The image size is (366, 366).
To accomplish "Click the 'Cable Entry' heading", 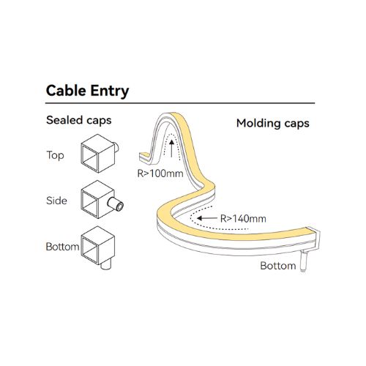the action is click(x=87, y=91).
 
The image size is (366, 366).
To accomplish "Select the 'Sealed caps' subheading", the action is click(x=79, y=120).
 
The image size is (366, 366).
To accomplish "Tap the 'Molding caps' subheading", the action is click(x=273, y=123).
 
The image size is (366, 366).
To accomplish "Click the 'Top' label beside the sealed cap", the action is click(x=56, y=155).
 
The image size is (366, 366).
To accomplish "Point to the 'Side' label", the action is click(x=56, y=201).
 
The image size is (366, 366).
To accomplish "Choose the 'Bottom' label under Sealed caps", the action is click(x=62, y=247).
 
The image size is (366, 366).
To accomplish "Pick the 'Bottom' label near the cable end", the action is click(x=278, y=266).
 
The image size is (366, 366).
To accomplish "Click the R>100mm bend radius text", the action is click(x=160, y=173).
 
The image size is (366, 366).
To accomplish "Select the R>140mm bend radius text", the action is click(x=243, y=219).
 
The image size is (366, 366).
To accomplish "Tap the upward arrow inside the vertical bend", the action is click(x=172, y=148).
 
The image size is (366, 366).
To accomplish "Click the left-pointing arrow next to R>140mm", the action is click(x=207, y=218).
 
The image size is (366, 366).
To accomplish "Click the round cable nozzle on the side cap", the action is click(x=116, y=204).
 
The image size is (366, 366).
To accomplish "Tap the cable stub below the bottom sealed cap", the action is click(x=106, y=265).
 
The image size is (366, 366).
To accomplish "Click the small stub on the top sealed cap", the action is click(x=116, y=147).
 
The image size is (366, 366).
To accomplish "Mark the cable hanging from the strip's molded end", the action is click(x=303, y=262).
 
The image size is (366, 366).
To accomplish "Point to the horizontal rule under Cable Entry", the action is click(x=180, y=103).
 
